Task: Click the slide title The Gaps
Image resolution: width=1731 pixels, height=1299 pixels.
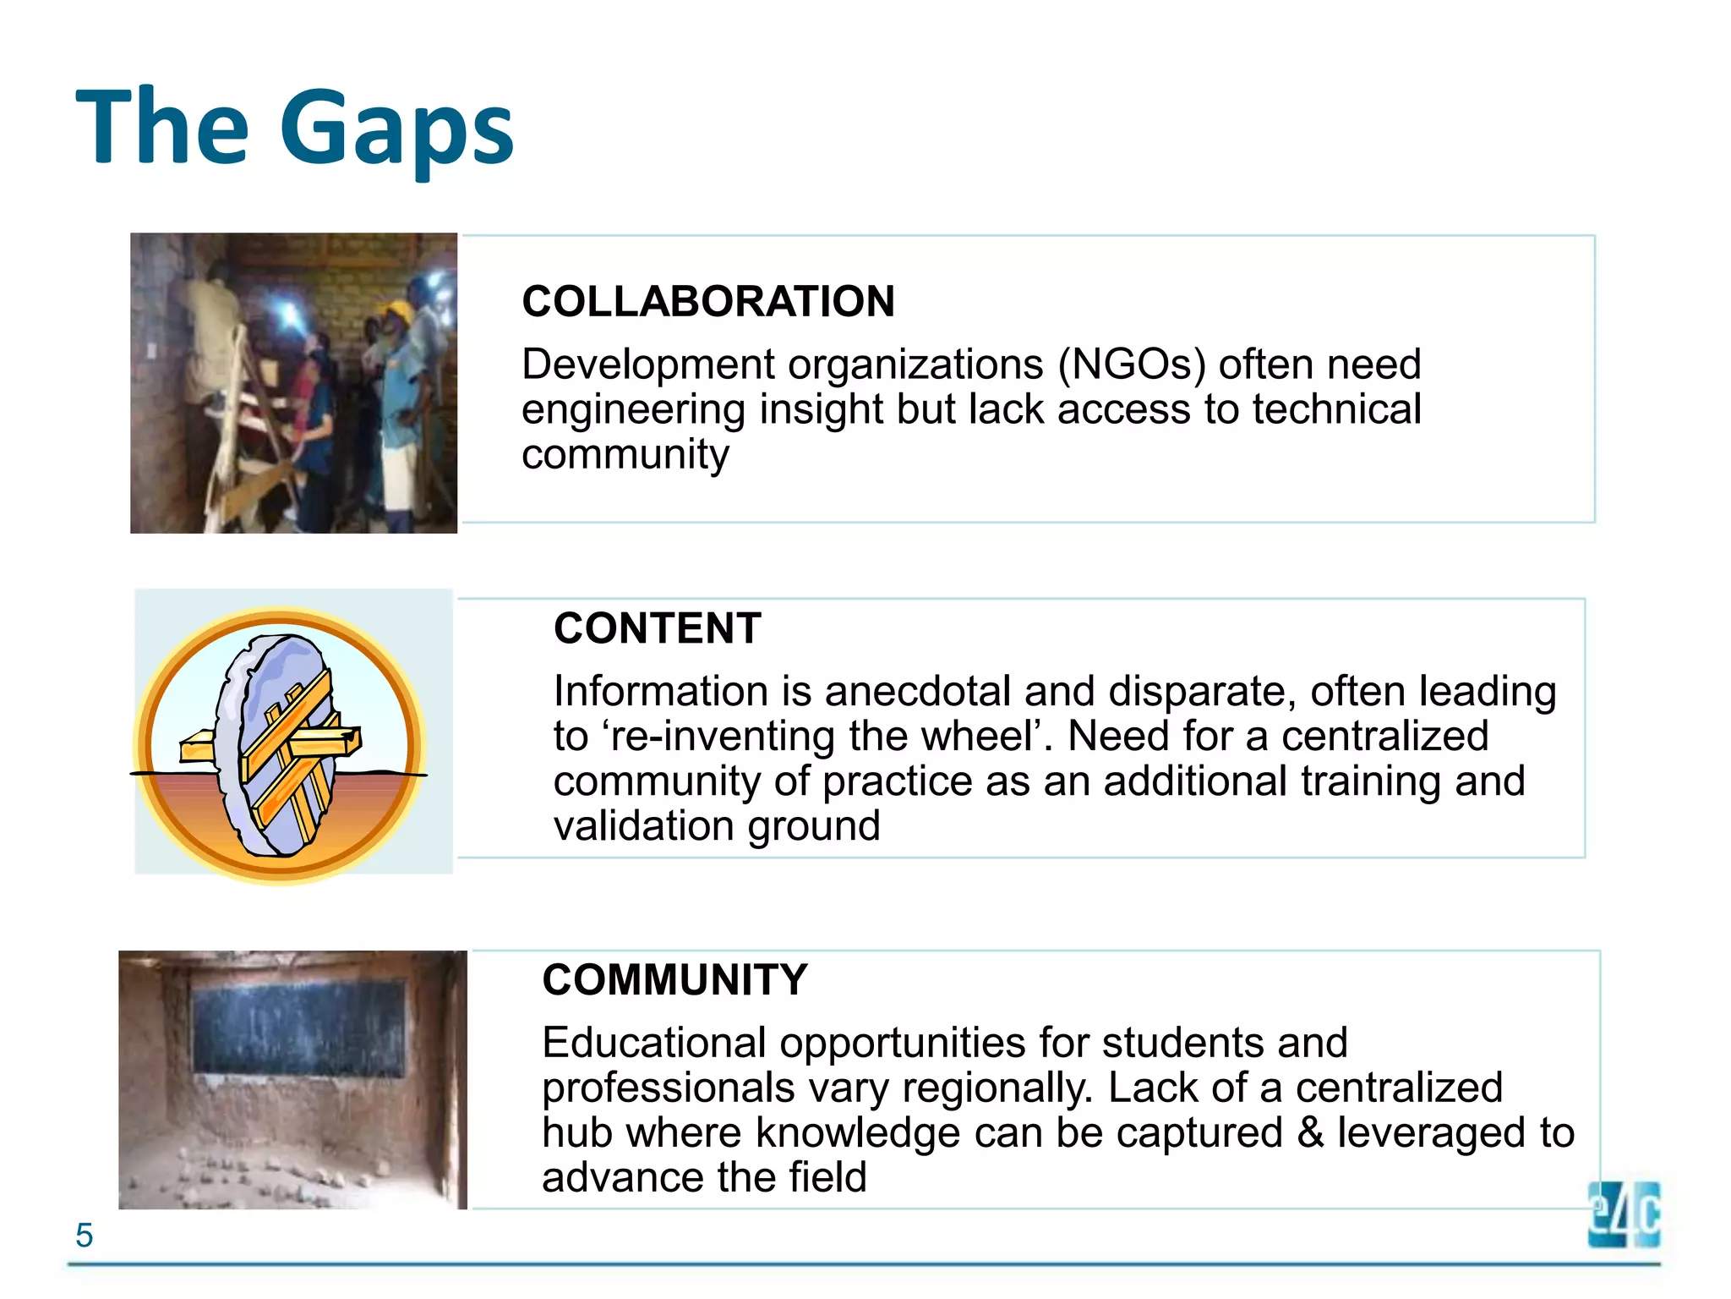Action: coord(294,127)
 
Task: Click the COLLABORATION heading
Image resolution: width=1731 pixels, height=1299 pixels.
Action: coord(707,302)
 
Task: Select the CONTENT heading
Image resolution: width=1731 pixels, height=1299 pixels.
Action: coord(657,629)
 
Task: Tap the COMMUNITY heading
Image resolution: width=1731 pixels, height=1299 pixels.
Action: coord(674,980)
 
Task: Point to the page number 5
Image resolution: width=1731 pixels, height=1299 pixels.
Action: coord(84,1236)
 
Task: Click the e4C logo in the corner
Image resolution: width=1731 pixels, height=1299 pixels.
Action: coord(1624,1214)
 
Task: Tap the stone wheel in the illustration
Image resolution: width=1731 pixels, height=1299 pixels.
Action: coord(270,744)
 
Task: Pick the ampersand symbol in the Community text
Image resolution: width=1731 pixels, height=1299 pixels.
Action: coord(1309,1133)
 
